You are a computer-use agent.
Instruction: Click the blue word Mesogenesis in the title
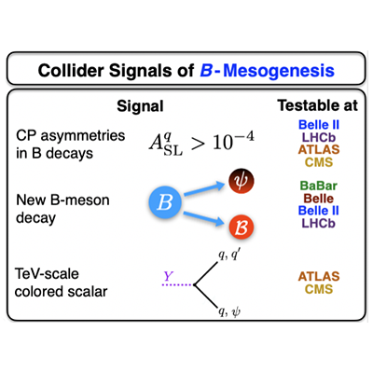point(279,71)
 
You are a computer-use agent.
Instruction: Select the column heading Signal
point(140,106)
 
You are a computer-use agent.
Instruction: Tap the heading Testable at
point(318,105)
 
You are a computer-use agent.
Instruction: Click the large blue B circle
point(165,202)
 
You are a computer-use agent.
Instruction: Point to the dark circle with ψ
point(242,181)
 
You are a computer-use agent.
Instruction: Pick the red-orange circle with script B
point(242,228)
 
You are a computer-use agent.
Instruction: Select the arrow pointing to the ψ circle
point(204,189)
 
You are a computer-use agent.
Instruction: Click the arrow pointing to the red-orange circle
point(203,217)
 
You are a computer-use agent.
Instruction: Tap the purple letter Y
point(168,276)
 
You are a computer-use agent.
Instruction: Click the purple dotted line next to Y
point(177,284)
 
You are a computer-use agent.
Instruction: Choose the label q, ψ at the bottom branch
point(229,311)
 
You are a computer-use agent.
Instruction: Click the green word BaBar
point(319,186)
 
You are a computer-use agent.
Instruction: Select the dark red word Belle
point(319,199)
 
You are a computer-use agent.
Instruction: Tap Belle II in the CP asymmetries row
point(319,125)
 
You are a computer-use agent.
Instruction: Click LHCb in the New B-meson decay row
point(319,223)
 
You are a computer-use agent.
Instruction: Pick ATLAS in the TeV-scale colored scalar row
point(319,276)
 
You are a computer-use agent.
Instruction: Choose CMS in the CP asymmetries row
point(319,162)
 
